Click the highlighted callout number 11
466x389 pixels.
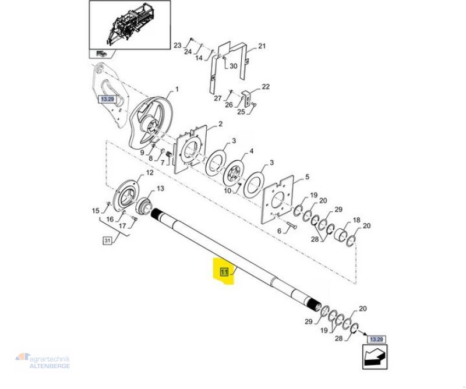tap(224, 271)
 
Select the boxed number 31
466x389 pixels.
tap(107, 241)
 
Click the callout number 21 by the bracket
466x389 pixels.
tap(262, 46)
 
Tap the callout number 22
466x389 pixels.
tap(266, 87)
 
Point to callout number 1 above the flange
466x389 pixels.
tap(177, 90)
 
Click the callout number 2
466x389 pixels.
tap(220, 124)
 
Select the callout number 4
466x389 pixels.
tap(252, 151)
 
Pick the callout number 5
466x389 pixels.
tap(308, 177)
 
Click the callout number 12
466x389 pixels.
tap(149, 173)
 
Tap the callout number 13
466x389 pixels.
tap(160, 189)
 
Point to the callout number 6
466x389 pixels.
tap(278, 231)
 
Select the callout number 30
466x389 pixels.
tap(233, 66)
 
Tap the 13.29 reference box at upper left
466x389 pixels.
tap(108, 100)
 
